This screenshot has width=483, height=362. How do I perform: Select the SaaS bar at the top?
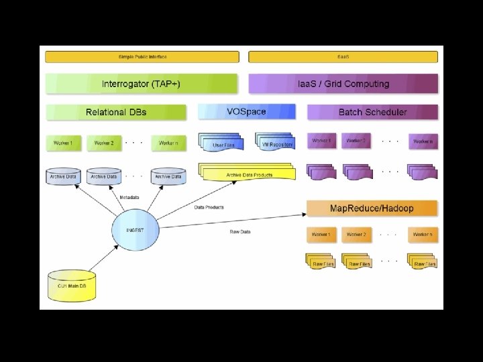(343, 56)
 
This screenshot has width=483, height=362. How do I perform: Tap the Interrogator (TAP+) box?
(141, 84)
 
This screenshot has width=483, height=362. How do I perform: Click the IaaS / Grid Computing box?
(343, 84)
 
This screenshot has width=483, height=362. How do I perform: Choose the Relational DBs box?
(116, 112)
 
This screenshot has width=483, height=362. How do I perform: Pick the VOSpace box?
(247, 111)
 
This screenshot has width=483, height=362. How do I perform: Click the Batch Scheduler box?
(372, 112)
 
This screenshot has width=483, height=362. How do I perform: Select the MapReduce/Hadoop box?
(372, 208)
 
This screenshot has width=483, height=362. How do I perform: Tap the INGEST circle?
(135, 230)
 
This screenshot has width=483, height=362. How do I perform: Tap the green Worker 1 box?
(64, 143)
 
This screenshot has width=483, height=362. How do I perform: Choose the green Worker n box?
(168, 143)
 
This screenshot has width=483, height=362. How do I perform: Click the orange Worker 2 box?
(356, 235)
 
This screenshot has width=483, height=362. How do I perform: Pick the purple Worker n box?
(423, 141)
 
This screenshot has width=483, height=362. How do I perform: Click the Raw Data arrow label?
(240, 232)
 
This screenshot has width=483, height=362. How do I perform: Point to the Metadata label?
(129, 198)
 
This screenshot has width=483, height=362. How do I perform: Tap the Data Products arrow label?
(209, 207)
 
